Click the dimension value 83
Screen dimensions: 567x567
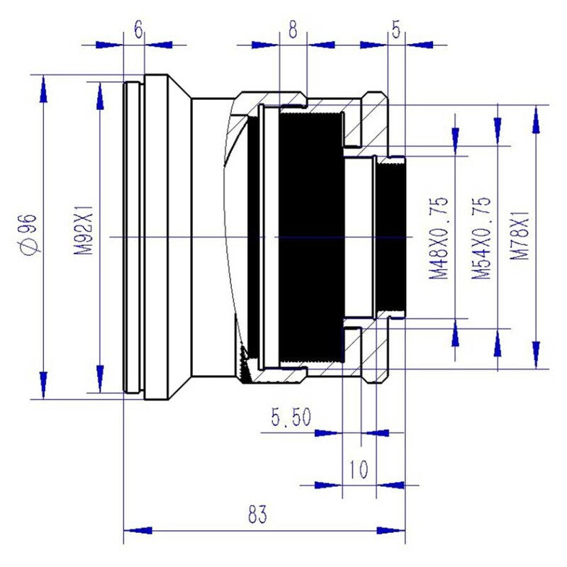(258, 515)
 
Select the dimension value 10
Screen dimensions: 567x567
(359, 470)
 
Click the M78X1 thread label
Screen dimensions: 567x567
(523, 237)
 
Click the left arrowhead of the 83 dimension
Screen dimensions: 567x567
(138, 529)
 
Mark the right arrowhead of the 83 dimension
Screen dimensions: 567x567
(391, 529)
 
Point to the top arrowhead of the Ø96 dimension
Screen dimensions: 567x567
(44, 89)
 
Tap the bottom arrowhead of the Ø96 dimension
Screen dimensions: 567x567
(44, 383)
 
